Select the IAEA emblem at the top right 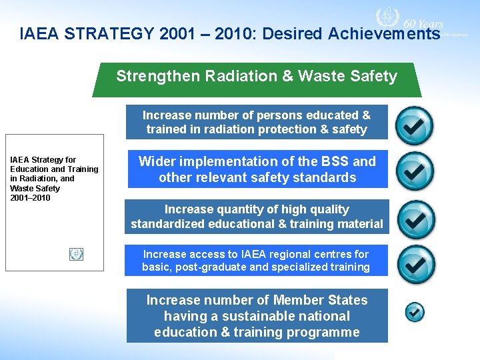(385, 18)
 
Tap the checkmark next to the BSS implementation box (414, 171)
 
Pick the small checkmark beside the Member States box (415, 311)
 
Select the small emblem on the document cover (76, 254)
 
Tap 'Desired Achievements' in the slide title (351, 33)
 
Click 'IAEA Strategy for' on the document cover (43, 160)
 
